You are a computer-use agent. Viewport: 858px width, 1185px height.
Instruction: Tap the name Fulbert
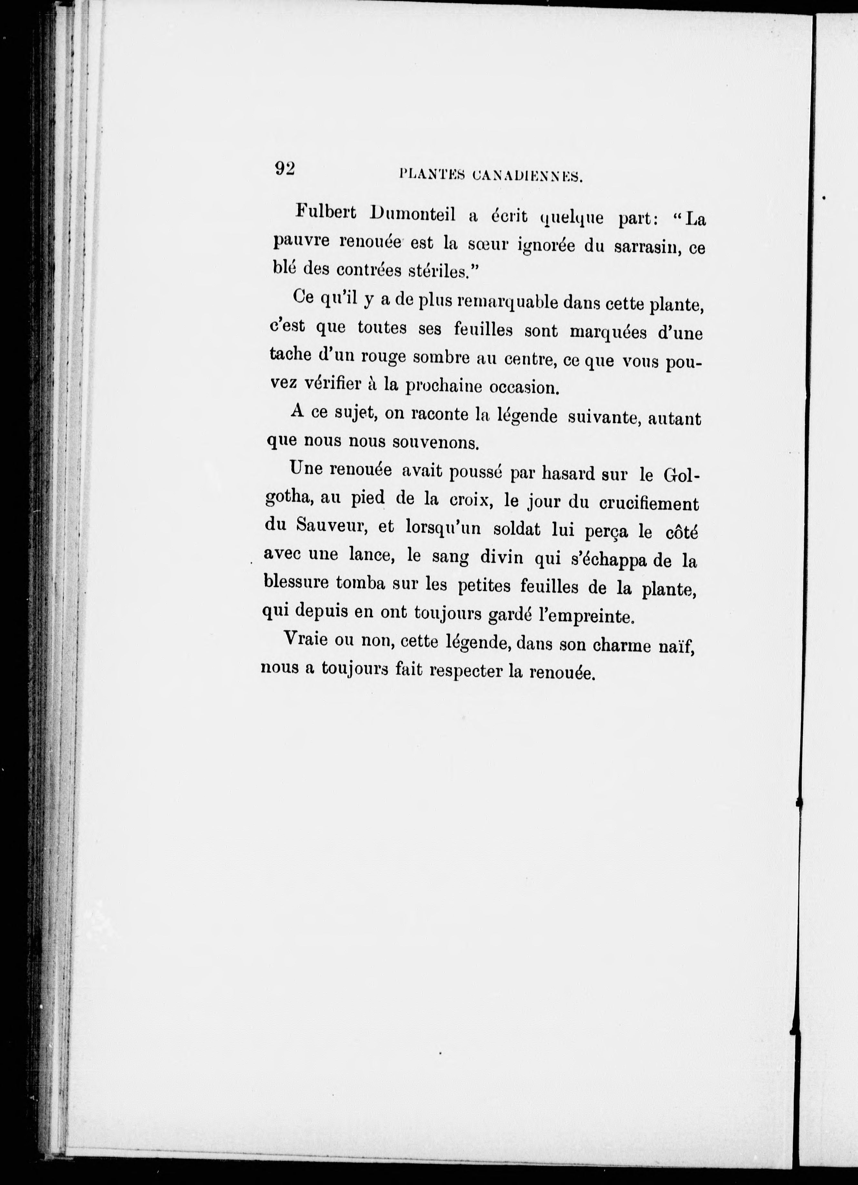coord(326,212)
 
